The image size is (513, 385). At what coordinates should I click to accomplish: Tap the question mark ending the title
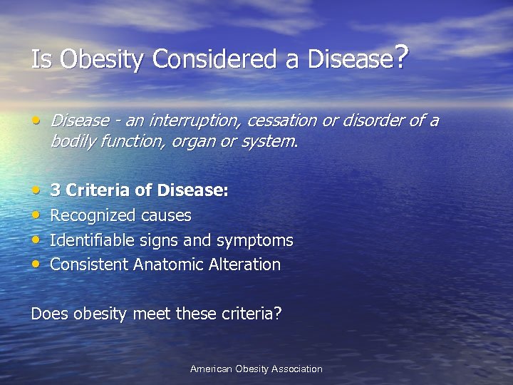coord(401,56)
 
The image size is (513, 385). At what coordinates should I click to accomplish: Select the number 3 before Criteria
coord(55,191)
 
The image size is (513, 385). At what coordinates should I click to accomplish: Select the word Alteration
coord(244,265)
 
